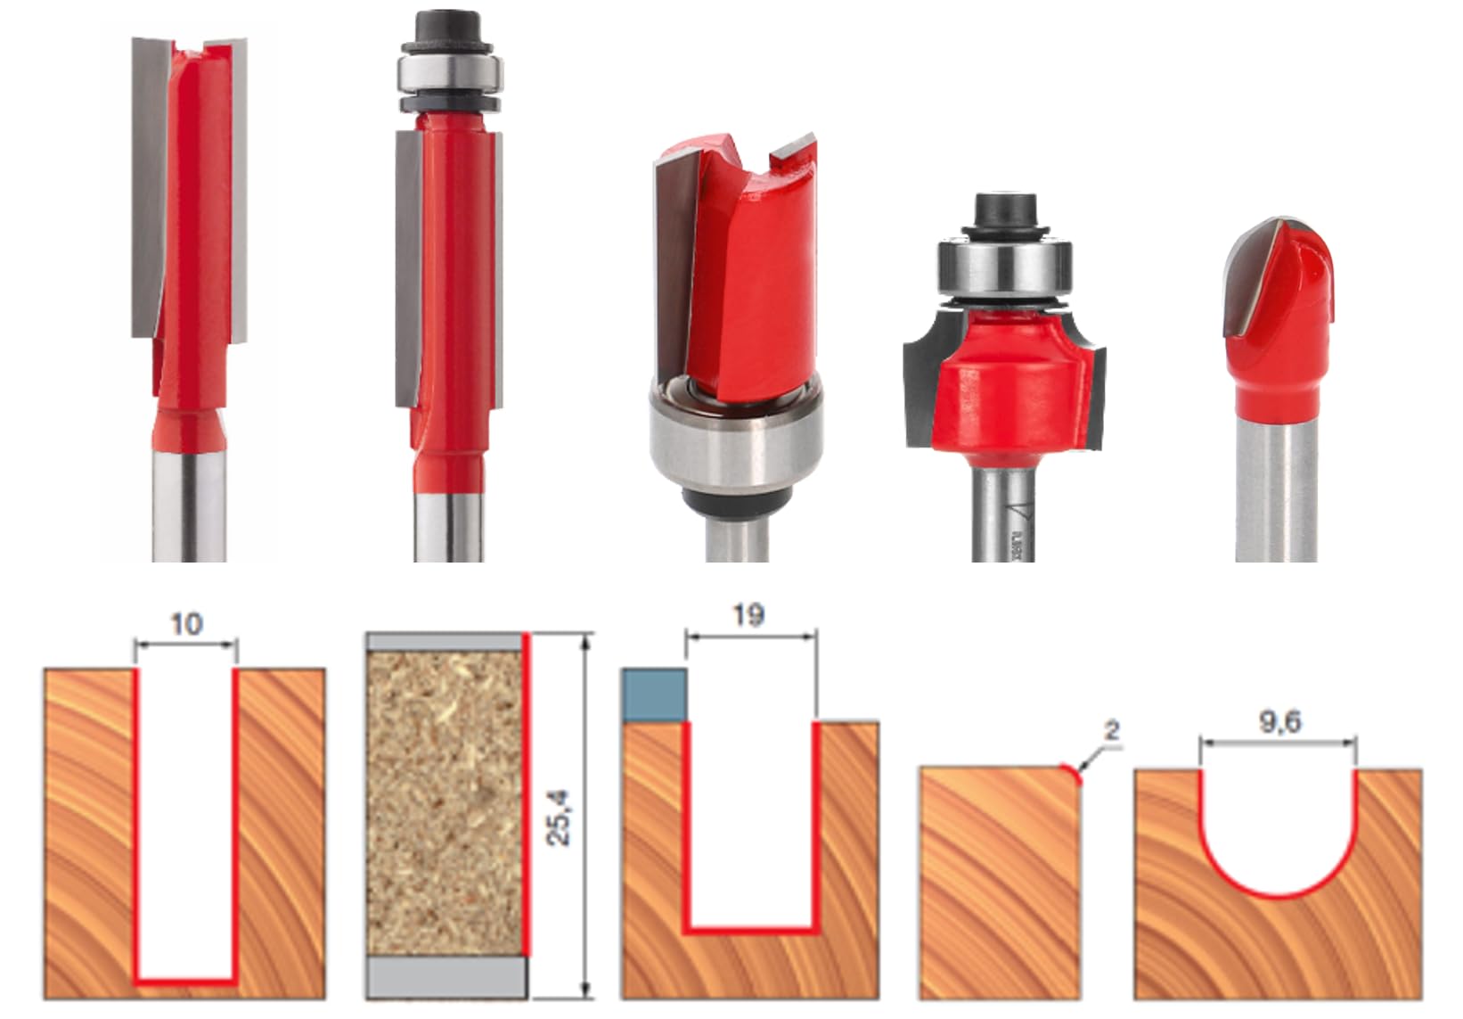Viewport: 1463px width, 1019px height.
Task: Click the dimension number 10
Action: coord(185,624)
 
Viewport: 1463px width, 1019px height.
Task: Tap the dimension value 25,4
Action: coord(560,817)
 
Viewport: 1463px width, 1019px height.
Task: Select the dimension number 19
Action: coord(748,615)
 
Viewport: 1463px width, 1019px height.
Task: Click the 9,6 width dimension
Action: coord(1279,723)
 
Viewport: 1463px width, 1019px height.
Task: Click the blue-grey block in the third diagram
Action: coord(653,695)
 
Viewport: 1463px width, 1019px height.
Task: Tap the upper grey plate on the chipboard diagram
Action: coord(444,642)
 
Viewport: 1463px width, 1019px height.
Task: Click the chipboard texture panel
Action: coord(444,802)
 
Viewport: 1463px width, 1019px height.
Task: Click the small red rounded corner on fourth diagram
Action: coord(1073,772)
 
